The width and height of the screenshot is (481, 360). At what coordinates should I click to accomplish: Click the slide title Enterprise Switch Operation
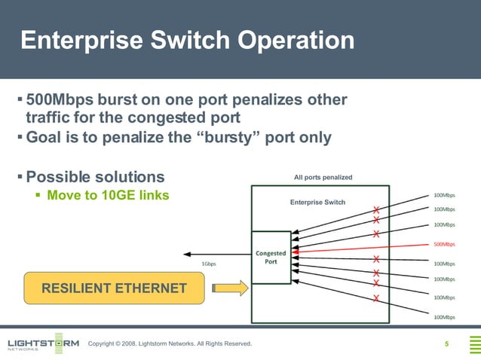point(187,40)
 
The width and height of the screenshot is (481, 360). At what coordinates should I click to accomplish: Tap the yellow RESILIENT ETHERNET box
point(114,288)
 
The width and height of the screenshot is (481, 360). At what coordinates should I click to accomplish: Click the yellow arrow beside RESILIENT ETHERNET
point(230,288)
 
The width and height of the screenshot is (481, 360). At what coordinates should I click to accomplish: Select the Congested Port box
point(271,258)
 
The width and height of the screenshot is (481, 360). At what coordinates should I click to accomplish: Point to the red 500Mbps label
point(444,244)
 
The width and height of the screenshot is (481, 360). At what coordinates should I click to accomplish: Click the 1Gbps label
point(209,264)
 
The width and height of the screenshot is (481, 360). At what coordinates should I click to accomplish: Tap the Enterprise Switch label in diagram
point(317,202)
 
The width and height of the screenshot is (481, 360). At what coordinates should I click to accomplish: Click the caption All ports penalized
point(323,178)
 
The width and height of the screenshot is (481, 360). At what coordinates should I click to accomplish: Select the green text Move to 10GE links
point(108,196)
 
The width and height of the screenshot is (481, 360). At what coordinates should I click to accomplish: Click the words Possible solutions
point(95,177)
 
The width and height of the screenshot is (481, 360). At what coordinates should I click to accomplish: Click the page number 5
point(447,345)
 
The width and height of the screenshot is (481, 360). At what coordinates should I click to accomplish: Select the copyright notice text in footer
point(170,344)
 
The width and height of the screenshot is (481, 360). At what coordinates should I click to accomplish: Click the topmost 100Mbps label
point(444,194)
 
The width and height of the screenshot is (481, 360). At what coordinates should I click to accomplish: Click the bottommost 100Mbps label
point(444,318)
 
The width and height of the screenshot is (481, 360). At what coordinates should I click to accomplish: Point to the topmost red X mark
point(375,210)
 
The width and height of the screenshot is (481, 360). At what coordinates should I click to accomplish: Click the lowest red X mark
point(375,299)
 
